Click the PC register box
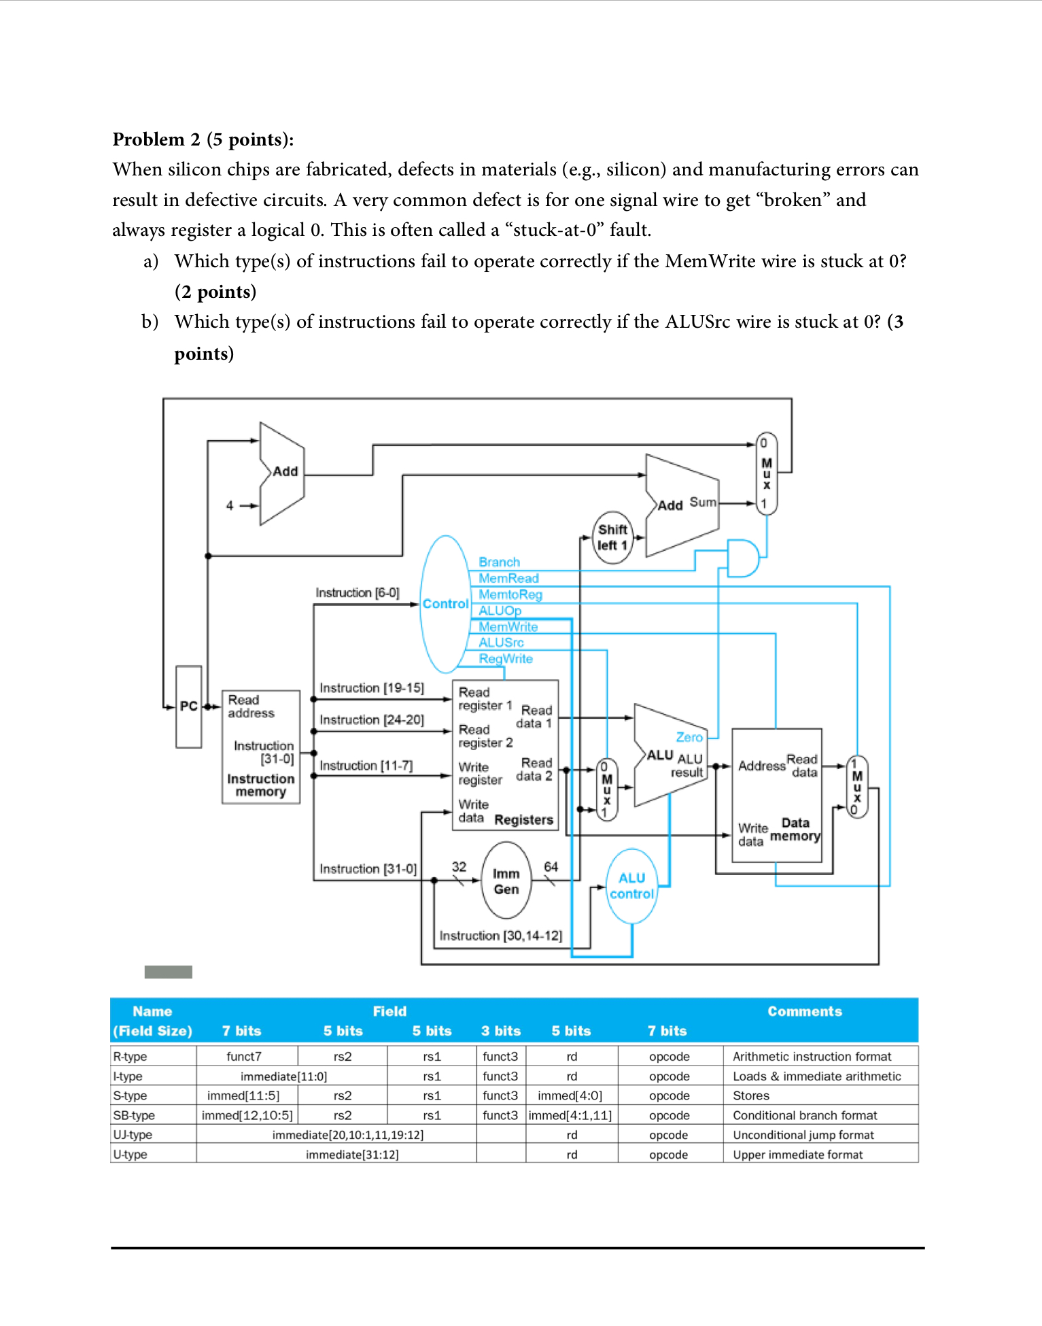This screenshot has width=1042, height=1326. coord(188,707)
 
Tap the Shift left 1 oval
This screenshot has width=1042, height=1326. coord(612,538)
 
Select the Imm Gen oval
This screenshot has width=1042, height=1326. coord(506,881)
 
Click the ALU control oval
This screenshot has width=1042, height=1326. coord(631,886)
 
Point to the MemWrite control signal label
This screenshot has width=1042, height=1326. coord(508,627)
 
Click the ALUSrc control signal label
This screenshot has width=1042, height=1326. coord(501,643)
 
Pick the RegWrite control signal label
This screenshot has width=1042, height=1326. coord(505,659)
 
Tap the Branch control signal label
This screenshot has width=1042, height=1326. coord(499,562)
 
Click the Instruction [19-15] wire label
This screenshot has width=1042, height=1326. coord(371,688)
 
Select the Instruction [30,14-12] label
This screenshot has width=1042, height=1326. coord(500,936)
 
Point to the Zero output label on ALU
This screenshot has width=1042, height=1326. coord(689,737)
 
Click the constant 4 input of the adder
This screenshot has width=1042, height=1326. coord(230,506)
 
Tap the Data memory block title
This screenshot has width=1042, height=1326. coord(795,830)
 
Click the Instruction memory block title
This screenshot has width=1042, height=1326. coord(260,785)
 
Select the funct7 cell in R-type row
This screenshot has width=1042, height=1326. coord(243,1057)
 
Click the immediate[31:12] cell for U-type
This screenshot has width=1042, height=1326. coord(351,1155)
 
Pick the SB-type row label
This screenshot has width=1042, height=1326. coord(134,1115)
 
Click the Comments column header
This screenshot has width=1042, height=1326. coord(804,1011)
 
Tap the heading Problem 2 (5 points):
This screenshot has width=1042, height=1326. coord(203,139)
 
